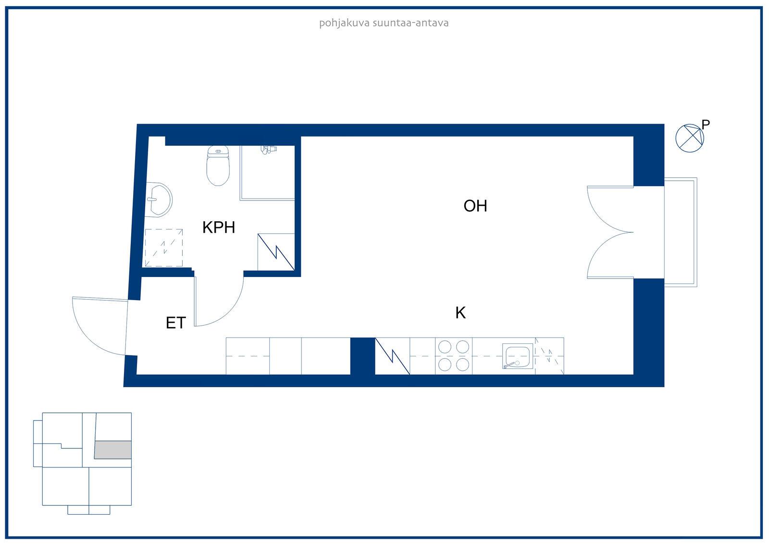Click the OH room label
[x=475, y=206]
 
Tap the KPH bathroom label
[x=219, y=227]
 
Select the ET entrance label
[x=176, y=323]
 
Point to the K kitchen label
[x=460, y=313]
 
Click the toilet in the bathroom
[x=218, y=165]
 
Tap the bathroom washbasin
[x=158, y=199]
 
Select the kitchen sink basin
[x=518, y=356]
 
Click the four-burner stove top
[x=454, y=356]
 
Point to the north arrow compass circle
[x=690, y=138]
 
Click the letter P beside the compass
[x=706, y=125]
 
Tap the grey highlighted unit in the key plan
[x=113, y=450]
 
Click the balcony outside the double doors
[x=681, y=232]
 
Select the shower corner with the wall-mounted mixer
[x=267, y=173]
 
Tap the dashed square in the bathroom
[x=164, y=248]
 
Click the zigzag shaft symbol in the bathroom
[x=276, y=252]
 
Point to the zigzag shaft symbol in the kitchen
[x=392, y=356]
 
